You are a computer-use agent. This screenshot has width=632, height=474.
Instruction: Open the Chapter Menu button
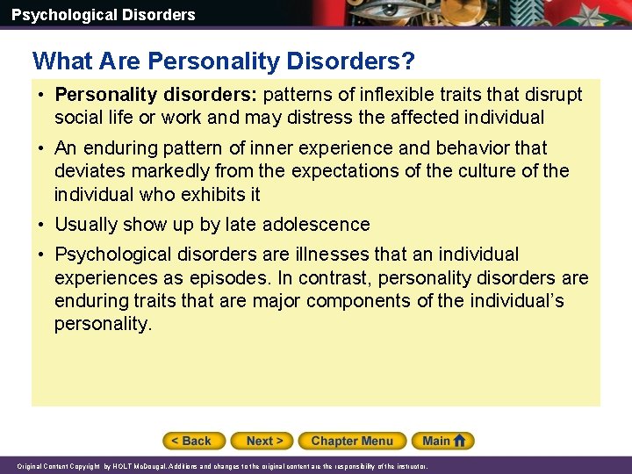[352, 441]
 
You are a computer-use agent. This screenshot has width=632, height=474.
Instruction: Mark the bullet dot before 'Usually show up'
[42, 225]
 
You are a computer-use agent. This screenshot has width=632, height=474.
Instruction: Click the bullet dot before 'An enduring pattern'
[42, 148]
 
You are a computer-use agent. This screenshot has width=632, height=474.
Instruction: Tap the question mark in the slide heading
[408, 61]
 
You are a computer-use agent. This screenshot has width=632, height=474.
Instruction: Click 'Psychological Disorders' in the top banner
[104, 14]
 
